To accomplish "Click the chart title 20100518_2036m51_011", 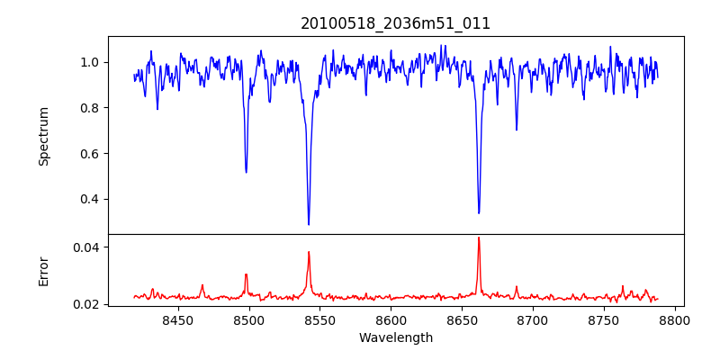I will point(396,23).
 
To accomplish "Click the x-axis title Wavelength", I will point(396,337).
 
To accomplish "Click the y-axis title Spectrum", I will point(43,136).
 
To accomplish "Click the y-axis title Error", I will point(43,271).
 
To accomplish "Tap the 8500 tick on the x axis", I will point(249,319).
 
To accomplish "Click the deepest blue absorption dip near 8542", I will point(309,224).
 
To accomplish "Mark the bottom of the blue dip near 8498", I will point(246,172).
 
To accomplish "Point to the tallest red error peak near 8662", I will point(479,238).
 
